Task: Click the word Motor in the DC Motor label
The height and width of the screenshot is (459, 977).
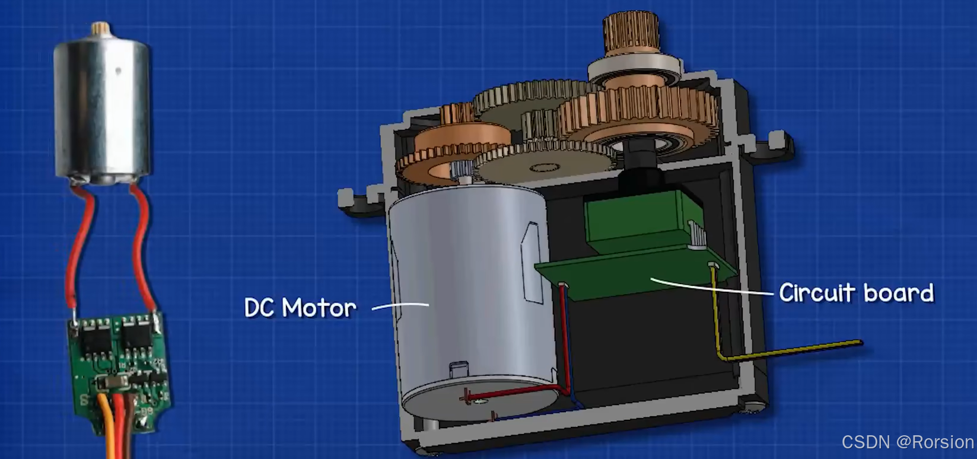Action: click(x=319, y=308)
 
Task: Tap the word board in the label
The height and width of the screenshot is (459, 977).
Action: click(x=899, y=292)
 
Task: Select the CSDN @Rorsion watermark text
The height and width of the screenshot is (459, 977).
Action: click(x=907, y=442)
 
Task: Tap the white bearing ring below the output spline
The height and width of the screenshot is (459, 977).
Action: click(x=635, y=70)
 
